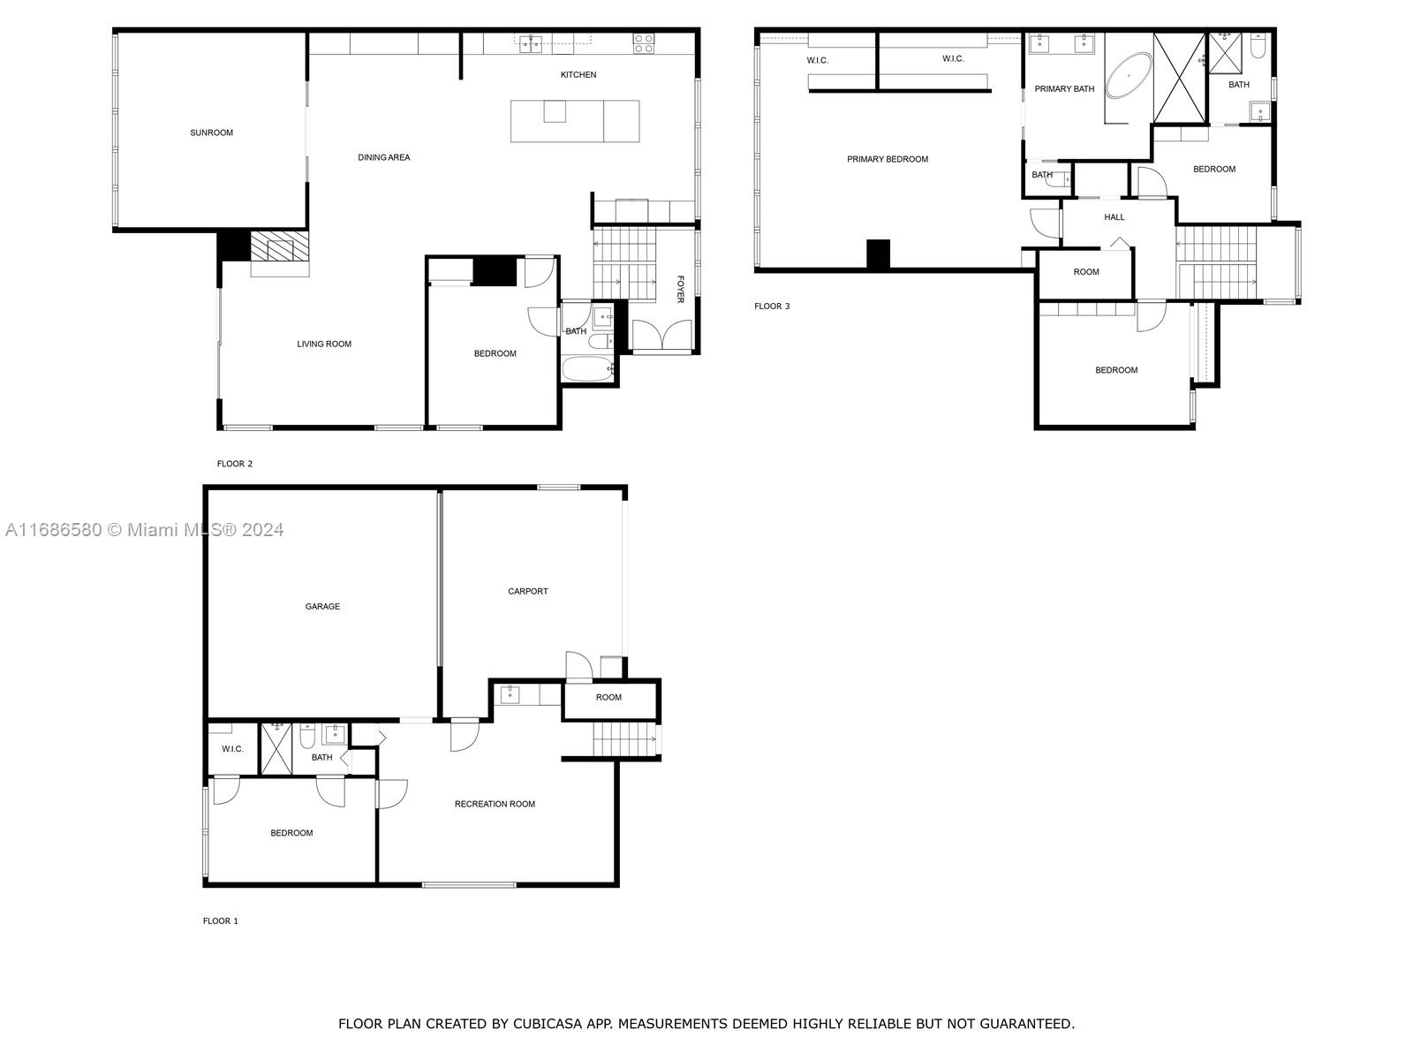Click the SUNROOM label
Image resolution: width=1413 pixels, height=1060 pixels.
[x=211, y=133]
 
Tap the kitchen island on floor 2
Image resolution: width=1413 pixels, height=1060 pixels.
[x=575, y=121]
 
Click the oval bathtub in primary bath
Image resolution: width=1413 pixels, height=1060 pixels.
[x=1130, y=75]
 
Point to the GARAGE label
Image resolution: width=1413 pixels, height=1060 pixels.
[x=322, y=607]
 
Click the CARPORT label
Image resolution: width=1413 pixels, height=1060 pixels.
[x=527, y=592]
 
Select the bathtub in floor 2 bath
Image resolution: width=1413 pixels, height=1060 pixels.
[x=588, y=369]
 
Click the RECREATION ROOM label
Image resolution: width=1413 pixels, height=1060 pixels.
[x=495, y=805]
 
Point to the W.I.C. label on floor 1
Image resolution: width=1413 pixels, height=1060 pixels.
[x=232, y=750]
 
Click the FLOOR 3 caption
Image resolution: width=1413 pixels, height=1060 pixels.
[x=772, y=307]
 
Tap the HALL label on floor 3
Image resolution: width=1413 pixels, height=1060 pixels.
[x=1114, y=217]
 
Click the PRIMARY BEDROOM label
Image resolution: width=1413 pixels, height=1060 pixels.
[x=887, y=160]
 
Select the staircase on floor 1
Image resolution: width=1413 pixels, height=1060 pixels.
[x=623, y=739]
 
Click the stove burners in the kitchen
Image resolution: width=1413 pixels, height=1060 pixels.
[x=643, y=43]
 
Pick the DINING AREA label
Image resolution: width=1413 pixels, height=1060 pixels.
[x=383, y=158]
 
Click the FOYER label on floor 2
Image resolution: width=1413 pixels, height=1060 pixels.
[x=680, y=289]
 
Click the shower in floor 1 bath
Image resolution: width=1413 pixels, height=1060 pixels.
[x=276, y=749]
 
